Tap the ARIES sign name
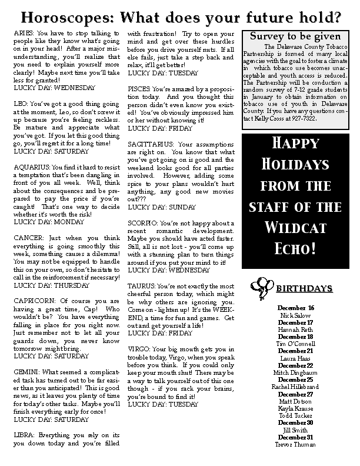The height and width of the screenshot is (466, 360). point(23,35)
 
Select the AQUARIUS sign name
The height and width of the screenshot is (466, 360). point(31,167)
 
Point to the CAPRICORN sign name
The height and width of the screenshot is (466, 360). point(33,300)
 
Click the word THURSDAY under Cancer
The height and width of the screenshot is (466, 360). point(74,285)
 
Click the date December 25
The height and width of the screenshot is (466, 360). point(296,380)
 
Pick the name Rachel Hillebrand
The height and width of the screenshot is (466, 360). point(296,386)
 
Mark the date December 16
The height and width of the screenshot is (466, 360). point(296,308)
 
